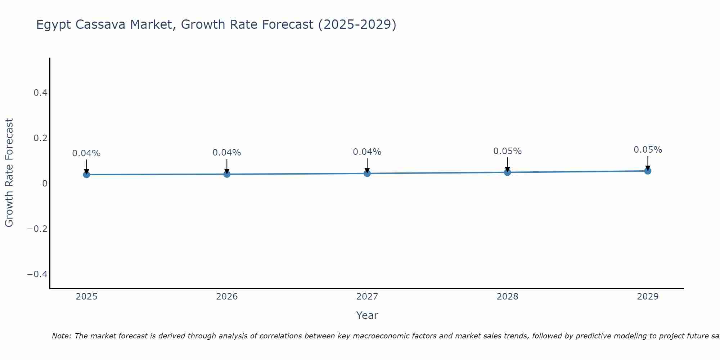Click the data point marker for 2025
(86, 175)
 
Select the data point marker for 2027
(367, 174)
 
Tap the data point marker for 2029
(648, 171)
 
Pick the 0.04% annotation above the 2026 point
(226, 153)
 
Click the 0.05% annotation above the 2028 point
(507, 151)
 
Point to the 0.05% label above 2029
(648, 150)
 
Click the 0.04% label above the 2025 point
(86, 153)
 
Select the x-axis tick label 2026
(227, 297)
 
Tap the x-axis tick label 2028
(507, 297)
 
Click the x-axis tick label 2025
(87, 297)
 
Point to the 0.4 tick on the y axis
(40, 93)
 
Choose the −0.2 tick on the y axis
(37, 229)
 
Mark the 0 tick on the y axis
(45, 184)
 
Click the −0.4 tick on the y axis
(37, 274)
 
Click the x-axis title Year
(367, 316)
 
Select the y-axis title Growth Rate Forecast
(9, 173)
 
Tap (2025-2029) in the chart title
(357, 25)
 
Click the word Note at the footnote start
(61, 336)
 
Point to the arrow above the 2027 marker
(367, 166)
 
